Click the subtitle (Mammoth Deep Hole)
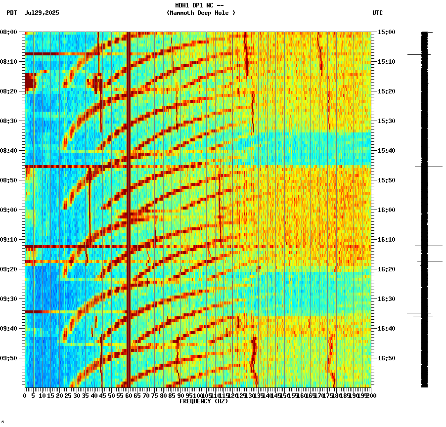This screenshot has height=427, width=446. tap(201, 13)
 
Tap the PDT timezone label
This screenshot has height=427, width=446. tap(12, 13)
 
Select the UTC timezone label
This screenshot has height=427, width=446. tap(377, 13)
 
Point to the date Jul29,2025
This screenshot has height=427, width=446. tap(42, 13)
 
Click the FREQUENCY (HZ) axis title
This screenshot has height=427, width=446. tap(203, 401)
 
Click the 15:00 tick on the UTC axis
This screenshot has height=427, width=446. tap(386, 32)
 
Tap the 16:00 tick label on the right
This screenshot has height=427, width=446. tap(386, 210)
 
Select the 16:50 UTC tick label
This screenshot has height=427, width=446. tap(386, 358)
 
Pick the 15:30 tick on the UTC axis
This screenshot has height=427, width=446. tap(386, 121)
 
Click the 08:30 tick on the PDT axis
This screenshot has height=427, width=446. tap(9, 121)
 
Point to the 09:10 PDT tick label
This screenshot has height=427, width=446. tap(9, 240)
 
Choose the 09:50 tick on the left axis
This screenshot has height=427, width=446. tap(9, 358)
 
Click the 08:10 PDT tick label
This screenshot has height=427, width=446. tap(9, 62)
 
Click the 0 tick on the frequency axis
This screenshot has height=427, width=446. tap(25, 395)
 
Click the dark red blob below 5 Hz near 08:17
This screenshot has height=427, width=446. tap(30, 81)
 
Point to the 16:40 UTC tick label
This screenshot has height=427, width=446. tap(386, 329)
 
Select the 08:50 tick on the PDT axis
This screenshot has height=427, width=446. tap(9, 180)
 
